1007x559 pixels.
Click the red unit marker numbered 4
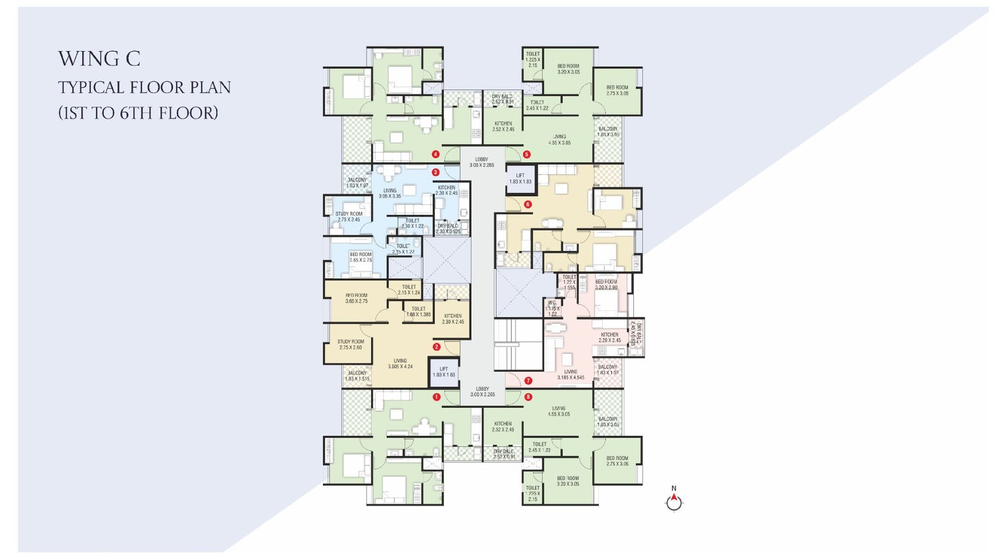coord(436,154)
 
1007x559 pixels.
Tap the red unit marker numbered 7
coord(528,380)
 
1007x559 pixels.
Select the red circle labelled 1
coord(436,397)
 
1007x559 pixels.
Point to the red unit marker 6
coord(527,204)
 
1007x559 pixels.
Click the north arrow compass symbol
coord(674,501)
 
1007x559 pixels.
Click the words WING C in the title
coord(99,59)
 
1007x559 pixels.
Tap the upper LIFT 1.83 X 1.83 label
coord(520,179)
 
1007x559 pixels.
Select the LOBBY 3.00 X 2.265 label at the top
coord(481,162)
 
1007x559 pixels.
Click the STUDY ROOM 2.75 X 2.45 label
coord(349,217)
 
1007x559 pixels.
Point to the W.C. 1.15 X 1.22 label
coord(552,308)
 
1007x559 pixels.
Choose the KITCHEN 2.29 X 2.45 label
coord(609,338)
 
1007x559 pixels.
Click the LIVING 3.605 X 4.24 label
coord(400,363)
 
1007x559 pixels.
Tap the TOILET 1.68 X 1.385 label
coord(419,311)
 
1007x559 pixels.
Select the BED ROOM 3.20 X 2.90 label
coord(606,284)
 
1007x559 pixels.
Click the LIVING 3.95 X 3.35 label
coord(390,193)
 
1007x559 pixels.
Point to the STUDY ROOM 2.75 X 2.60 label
coord(351,345)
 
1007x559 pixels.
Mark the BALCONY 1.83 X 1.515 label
coord(357,375)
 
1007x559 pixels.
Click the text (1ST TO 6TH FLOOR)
coord(138,113)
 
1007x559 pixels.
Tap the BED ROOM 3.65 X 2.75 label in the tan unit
coord(356,298)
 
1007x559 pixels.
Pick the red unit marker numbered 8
coord(528,397)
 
